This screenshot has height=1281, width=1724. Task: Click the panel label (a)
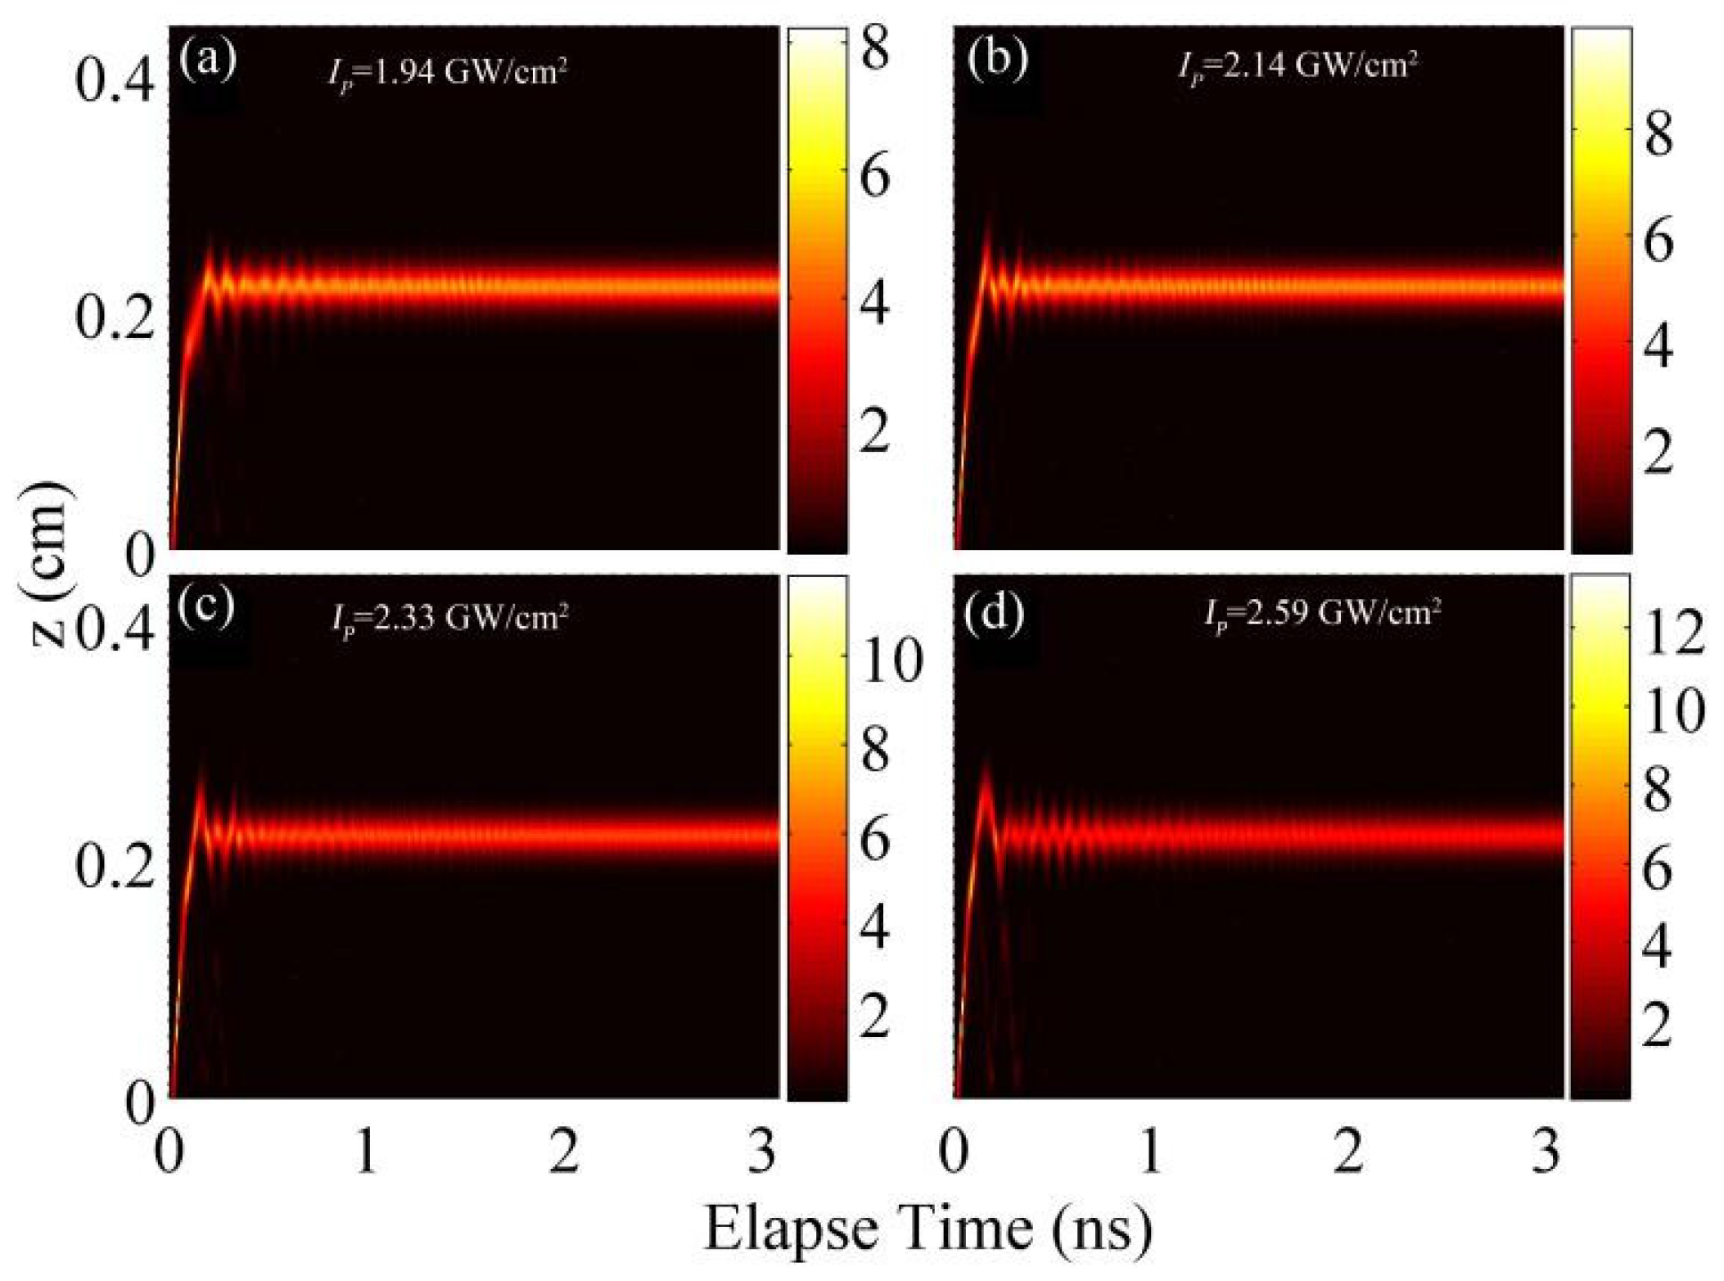[x=208, y=61]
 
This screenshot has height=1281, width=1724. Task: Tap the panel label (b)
[x=996, y=61]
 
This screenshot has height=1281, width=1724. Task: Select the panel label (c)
[x=206, y=606]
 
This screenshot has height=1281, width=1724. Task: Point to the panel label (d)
[x=995, y=614]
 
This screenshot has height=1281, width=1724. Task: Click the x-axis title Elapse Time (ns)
[x=928, y=1229]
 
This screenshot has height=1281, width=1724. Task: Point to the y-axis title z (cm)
[x=51, y=565]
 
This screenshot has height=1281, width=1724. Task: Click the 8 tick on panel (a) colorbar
[x=874, y=51]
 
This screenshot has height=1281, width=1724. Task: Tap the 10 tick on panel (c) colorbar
[x=891, y=661]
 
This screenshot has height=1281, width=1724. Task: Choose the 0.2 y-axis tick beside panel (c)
[x=115, y=869]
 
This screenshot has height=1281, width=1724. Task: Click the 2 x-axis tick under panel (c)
[x=564, y=1152]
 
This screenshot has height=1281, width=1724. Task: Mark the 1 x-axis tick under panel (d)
[x=1151, y=1152]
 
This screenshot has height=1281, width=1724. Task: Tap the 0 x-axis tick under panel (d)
[x=955, y=1152]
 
